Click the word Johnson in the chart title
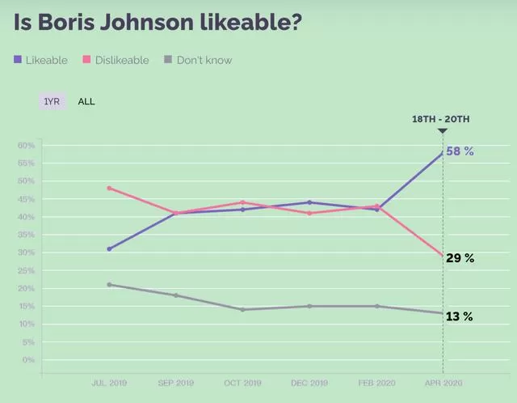pos(147,22)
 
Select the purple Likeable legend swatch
pos(18,59)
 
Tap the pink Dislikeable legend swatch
pos(86,59)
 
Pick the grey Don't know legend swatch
pos(168,59)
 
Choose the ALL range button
pos(86,101)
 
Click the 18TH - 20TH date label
pos(441,119)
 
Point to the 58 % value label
pos(460,151)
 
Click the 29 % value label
pos(460,258)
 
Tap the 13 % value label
pos(460,316)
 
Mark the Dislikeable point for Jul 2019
pos(110,189)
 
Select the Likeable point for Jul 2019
pos(110,248)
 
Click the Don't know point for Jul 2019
pos(110,284)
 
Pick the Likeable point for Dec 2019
pos(309,202)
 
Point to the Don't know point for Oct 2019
pos(242,309)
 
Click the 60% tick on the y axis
pos(27,146)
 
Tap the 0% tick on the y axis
pos(28,360)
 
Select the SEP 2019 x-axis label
pos(176,383)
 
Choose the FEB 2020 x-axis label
pos(377,383)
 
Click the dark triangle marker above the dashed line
pos(443,131)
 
